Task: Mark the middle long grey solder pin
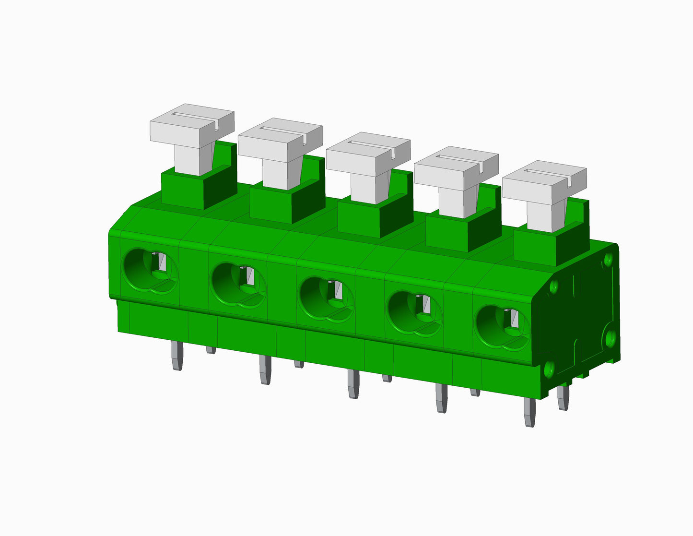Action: coord(353,384)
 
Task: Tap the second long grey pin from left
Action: coord(265,370)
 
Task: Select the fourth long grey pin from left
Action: coord(441,398)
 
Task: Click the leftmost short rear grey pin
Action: coord(211,350)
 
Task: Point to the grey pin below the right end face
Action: coord(564,398)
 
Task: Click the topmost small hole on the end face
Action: coord(608,259)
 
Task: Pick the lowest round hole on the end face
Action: coord(549,369)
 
